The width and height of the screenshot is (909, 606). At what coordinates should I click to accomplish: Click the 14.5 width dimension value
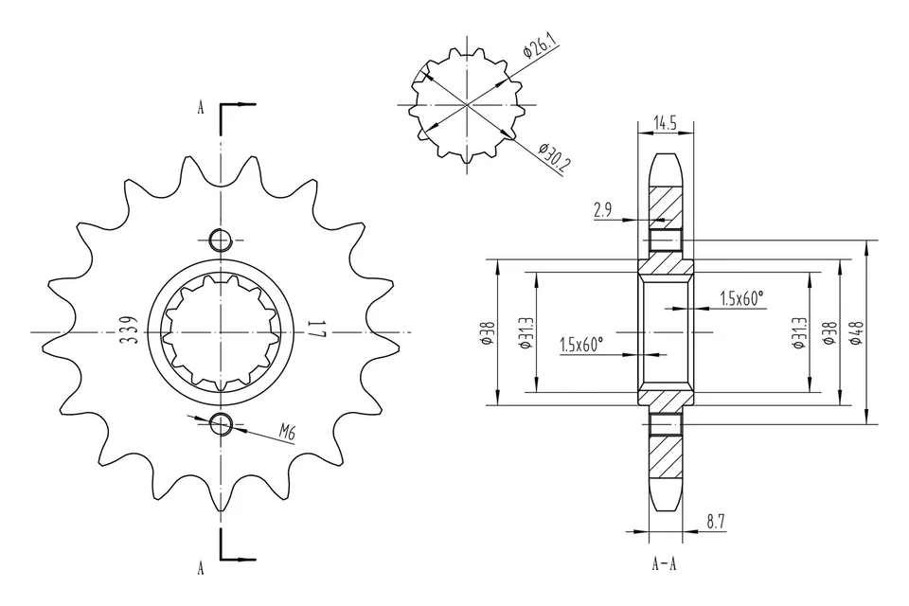[x=665, y=122]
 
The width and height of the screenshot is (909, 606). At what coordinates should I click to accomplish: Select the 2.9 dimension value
[x=603, y=210]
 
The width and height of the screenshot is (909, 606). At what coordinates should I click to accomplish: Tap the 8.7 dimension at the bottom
[x=717, y=521]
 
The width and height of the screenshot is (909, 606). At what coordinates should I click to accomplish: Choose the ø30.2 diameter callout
[x=554, y=158]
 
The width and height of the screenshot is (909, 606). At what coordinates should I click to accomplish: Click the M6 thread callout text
[x=287, y=434]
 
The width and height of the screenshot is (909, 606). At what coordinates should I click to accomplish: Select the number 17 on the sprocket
[x=315, y=331]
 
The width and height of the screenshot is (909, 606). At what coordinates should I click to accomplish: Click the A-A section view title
[x=664, y=565]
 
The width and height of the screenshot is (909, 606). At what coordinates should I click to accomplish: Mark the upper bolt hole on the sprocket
[x=221, y=240]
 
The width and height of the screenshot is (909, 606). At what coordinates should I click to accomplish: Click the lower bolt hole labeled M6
[x=221, y=423]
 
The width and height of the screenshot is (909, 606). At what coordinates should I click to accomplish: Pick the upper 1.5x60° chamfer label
[x=741, y=298]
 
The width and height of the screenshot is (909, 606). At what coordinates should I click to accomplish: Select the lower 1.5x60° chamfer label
[x=581, y=345]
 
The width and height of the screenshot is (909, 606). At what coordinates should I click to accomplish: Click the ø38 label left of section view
[x=487, y=333]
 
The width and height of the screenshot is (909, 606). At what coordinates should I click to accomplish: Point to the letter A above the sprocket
[x=200, y=107]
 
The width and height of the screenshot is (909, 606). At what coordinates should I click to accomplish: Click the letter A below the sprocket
[x=200, y=568]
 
